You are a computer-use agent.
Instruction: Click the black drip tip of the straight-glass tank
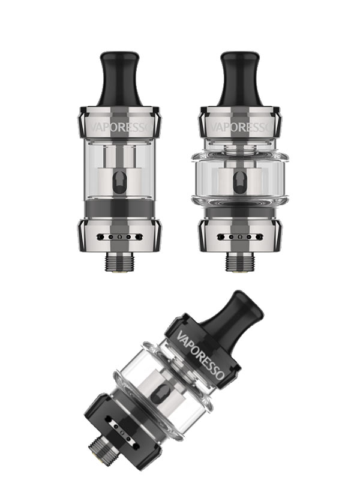click(x=119, y=79)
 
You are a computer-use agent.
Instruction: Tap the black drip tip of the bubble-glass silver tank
click(x=240, y=79)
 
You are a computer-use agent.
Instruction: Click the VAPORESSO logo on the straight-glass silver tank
click(x=120, y=127)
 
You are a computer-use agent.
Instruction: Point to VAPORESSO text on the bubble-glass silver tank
click(x=241, y=127)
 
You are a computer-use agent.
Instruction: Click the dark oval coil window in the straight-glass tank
click(x=119, y=182)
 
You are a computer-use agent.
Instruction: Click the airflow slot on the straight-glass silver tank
click(x=119, y=237)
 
